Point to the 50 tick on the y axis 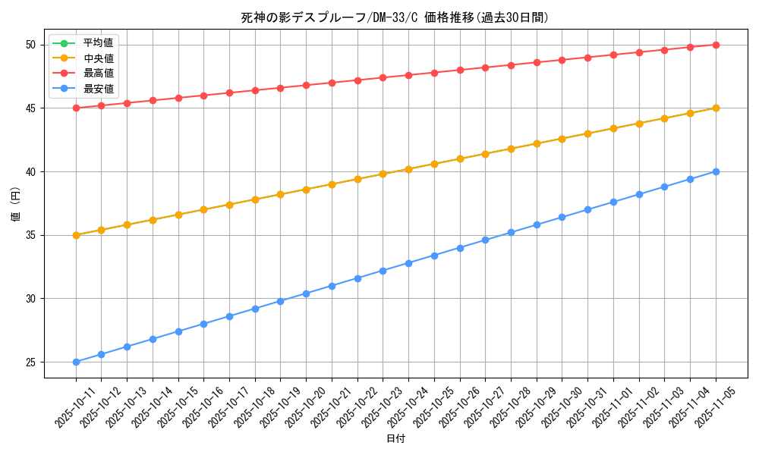point(31,45)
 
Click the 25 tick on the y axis point(31,362)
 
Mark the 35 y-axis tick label point(31,235)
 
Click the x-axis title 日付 point(395,439)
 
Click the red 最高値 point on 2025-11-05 point(716,45)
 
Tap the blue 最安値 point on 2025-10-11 point(76,362)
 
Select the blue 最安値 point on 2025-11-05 point(716,171)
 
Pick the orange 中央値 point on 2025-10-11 point(76,235)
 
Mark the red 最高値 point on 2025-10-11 point(76,108)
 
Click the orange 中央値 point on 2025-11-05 point(716,108)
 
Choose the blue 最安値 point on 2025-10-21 point(332,286)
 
